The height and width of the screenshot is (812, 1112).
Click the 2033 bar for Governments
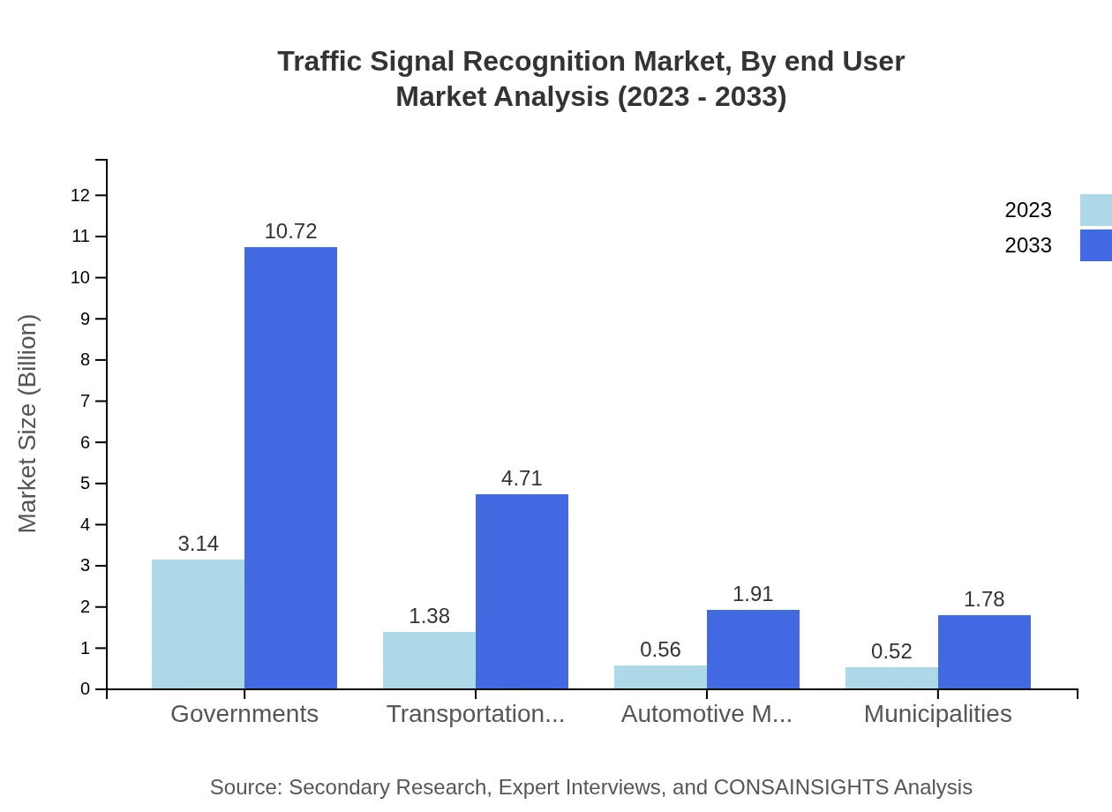point(290,468)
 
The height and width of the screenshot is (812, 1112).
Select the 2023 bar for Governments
point(198,624)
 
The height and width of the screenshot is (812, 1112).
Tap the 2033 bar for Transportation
point(522,591)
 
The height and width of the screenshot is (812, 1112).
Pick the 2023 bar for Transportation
point(429,660)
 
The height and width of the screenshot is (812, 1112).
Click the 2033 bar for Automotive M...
point(753,649)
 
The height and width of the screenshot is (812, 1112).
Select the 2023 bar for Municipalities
point(891,678)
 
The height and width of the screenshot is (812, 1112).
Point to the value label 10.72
point(290,231)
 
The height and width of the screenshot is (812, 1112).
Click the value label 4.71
point(522,478)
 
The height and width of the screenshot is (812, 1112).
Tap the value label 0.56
point(660,650)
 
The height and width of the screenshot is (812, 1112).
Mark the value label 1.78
point(984,599)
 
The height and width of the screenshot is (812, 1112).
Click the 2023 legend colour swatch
point(1095,210)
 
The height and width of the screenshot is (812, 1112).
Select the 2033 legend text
point(1028,245)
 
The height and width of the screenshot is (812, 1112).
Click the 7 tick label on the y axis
point(85,402)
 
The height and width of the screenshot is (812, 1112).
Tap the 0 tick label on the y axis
point(85,689)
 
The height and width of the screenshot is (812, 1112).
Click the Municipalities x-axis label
point(937,714)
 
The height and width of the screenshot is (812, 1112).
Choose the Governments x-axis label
point(244,714)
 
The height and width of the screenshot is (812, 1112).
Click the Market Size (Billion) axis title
point(28,424)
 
